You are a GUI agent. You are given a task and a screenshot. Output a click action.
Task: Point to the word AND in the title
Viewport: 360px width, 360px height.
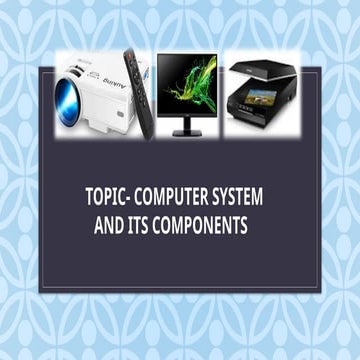(107, 227)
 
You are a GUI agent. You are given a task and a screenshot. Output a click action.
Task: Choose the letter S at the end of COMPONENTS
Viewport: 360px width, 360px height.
(244, 227)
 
